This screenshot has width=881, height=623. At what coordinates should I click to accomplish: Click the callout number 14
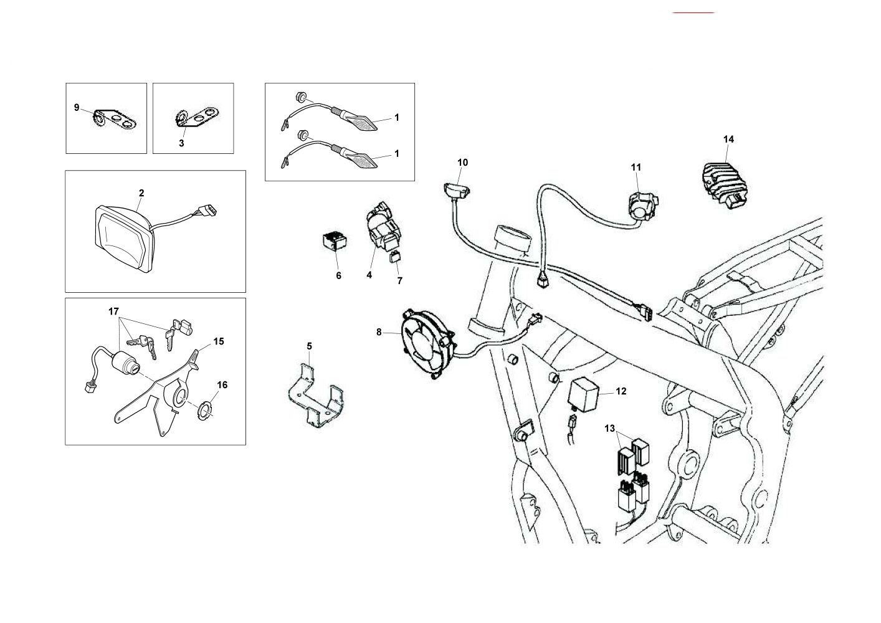(x=728, y=139)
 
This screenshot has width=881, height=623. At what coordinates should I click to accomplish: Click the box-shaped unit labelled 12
(x=585, y=391)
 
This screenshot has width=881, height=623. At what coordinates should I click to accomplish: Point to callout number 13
(x=609, y=428)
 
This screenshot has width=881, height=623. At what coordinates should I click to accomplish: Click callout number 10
(x=462, y=163)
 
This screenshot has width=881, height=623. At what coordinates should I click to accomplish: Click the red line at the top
(x=693, y=12)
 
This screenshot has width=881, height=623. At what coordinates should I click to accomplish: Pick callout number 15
(x=218, y=341)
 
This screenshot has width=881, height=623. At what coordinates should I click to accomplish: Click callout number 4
(x=369, y=275)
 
